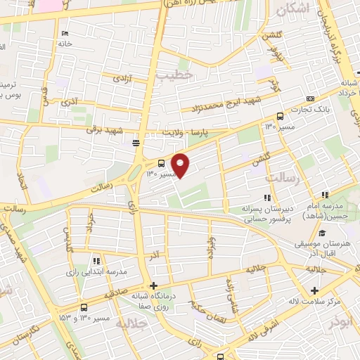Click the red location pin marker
pos(181,165)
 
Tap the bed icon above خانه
pos(65,34)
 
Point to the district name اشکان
pos(293,9)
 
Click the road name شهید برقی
pos(105,131)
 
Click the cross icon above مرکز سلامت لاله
pos(315,290)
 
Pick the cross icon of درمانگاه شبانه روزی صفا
pos(154,285)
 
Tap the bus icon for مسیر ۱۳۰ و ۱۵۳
pos(85,307)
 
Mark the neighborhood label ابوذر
pos(341,322)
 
